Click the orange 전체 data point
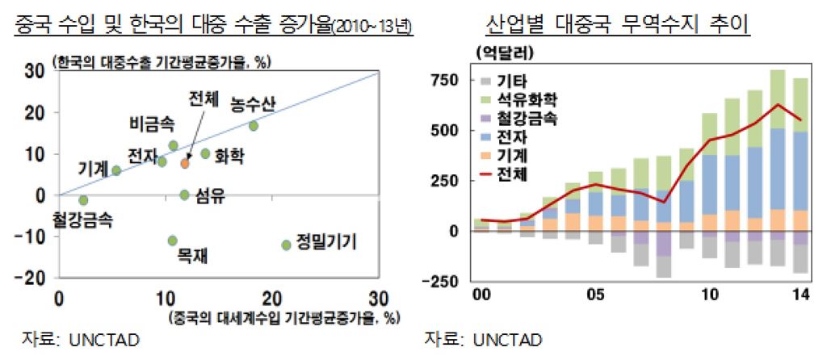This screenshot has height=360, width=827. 185,163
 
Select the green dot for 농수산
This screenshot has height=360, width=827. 254,126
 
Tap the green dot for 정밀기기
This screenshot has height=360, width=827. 286,245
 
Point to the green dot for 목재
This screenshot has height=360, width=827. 172,241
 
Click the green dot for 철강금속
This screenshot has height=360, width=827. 83,200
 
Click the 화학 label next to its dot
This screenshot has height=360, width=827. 230,153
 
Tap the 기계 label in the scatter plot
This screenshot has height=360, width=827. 94,170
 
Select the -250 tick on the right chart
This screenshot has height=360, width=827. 443,281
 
